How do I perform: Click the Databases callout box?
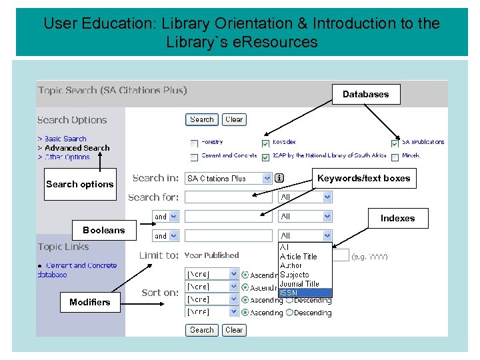tap(365, 95)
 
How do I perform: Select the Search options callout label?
tap(79, 184)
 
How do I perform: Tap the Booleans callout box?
tap(103, 230)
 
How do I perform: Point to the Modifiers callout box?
tap(89, 302)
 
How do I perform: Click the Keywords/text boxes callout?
tap(363, 178)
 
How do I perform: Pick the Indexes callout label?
tap(397, 218)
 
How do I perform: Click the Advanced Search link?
tap(77, 148)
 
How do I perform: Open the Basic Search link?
tap(65, 139)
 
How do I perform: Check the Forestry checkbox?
tap(194, 143)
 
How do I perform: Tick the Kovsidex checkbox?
tap(266, 143)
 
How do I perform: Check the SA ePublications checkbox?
tap(395, 143)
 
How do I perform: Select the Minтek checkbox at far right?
tap(395, 157)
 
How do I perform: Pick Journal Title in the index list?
tap(299, 283)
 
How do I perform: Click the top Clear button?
tap(234, 120)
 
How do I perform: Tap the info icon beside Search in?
tap(279, 178)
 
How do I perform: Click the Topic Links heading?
tap(63, 247)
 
